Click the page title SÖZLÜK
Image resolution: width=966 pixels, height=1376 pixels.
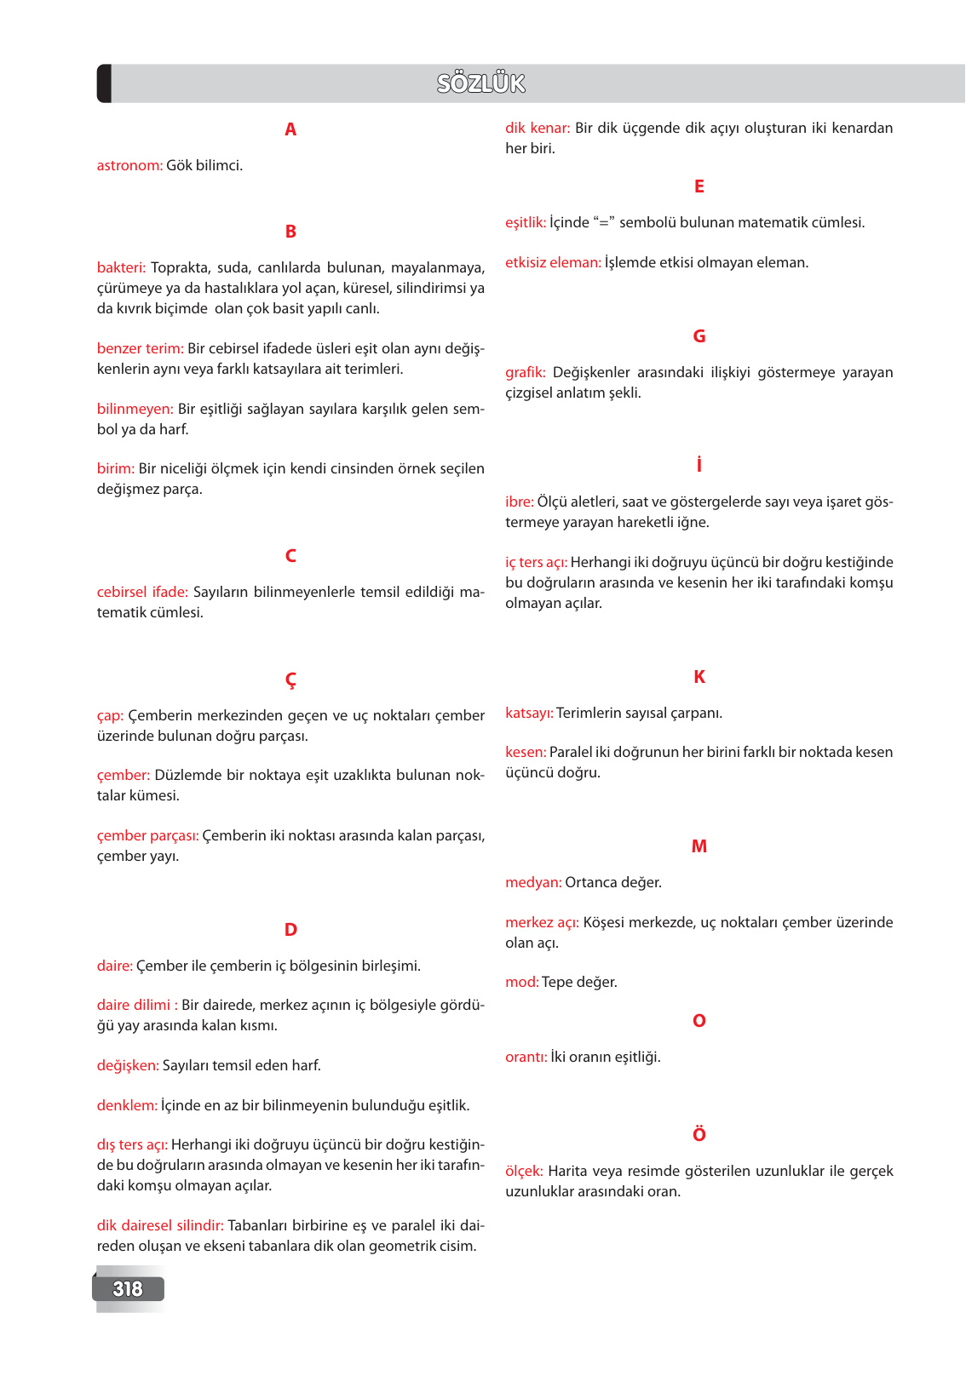pyautogui.click(x=481, y=83)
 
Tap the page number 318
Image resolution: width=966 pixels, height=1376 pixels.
pyautogui.click(x=128, y=1288)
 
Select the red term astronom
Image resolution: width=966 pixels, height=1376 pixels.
pyautogui.click(x=129, y=165)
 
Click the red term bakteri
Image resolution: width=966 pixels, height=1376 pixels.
pyautogui.click(x=121, y=267)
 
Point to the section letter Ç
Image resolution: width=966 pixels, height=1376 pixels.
pyautogui.click(x=290, y=679)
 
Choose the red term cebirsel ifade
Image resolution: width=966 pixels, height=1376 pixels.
pyautogui.click(x=142, y=592)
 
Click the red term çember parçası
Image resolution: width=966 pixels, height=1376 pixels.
pyautogui.click(x=147, y=835)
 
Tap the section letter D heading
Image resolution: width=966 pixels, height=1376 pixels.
pyautogui.click(x=290, y=930)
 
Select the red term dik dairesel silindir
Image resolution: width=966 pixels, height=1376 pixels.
pyautogui.click(x=160, y=1225)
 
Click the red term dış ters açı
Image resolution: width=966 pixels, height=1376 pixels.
pyautogui.click(x=132, y=1144)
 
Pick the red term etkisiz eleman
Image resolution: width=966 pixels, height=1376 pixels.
pyautogui.click(x=553, y=262)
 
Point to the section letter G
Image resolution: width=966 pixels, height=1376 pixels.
pyautogui.click(x=699, y=336)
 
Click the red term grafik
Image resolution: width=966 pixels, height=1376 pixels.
pyautogui.click(x=525, y=372)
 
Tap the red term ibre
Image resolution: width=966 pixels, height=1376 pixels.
pyautogui.click(x=519, y=502)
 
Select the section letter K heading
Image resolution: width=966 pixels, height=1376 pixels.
pyautogui.click(x=699, y=677)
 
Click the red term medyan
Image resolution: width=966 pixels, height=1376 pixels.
pyautogui.click(x=533, y=882)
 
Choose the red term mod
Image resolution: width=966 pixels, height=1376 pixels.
pyautogui.click(x=521, y=982)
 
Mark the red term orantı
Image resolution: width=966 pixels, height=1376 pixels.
pyautogui.click(x=526, y=1057)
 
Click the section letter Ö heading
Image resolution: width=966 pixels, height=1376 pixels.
pyautogui.click(x=699, y=1134)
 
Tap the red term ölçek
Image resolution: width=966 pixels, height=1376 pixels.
pyautogui.click(x=524, y=1171)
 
